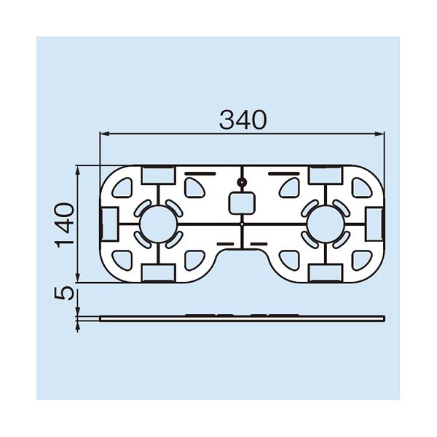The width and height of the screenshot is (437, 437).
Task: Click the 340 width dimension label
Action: coord(243,120)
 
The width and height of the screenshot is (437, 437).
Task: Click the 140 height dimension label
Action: coord(65,225)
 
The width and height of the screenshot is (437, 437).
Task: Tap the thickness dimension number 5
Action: coord(65,294)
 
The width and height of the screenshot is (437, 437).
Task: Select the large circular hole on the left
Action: coord(158,224)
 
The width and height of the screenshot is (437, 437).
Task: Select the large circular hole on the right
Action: coord(326,224)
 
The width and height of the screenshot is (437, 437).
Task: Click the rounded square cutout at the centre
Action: coord(242,203)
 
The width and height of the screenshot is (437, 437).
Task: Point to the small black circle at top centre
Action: coord(242,183)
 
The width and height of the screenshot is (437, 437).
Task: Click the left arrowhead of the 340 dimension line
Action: coord(104,134)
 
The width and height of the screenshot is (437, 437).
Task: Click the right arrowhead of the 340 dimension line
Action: coord(380,134)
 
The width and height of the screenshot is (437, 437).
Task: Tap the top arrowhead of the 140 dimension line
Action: coord(78,170)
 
